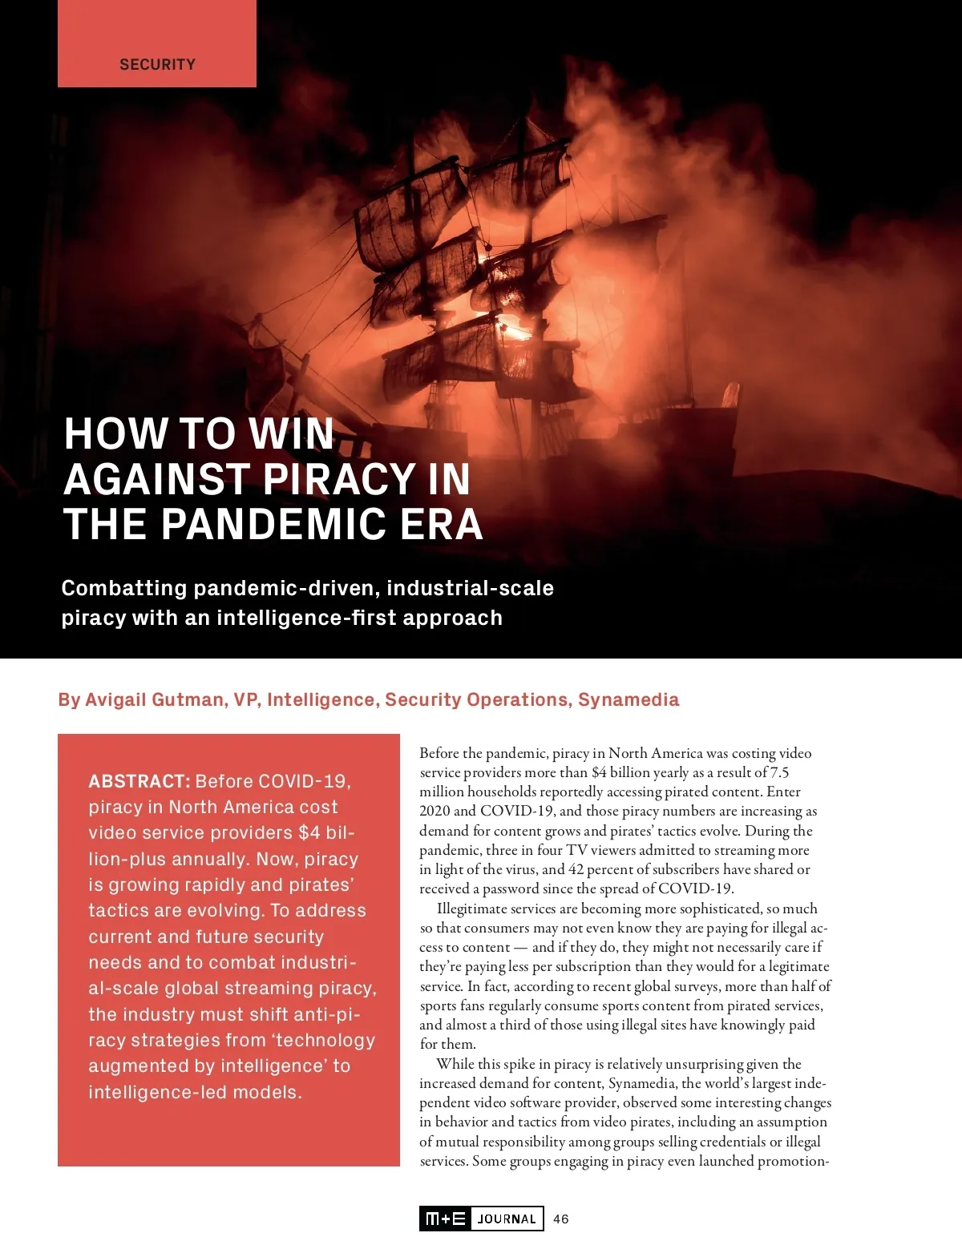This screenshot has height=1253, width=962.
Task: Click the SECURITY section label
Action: click(157, 64)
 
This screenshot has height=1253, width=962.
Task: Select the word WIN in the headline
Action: click(291, 433)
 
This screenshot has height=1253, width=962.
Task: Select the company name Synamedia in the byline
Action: click(629, 699)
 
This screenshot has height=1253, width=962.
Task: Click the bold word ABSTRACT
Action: click(139, 781)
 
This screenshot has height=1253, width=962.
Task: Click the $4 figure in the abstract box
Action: click(309, 832)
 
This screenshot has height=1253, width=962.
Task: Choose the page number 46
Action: click(561, 1219)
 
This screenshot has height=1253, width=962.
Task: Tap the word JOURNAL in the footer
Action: click(507, 1219)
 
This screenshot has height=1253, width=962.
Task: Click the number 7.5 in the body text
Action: click(779, 772)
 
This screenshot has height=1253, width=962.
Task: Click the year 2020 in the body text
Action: click(435, 811)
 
